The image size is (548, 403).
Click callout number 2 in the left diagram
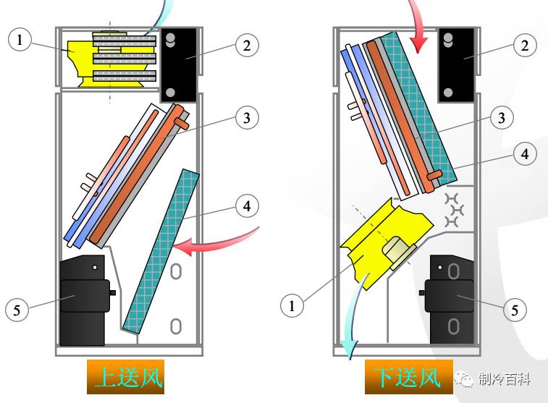[x=247, y=46]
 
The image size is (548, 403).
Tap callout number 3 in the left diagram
[x=247, y=117]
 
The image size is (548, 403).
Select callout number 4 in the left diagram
[x=247, y=205]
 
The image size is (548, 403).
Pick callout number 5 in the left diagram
[x=17, y=310]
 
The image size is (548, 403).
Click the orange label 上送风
[x=125, y=377]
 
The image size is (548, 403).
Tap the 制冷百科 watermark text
[x=505, y=379]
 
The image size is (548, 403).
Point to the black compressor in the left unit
[x=83, y=300]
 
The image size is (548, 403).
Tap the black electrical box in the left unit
[x=179, y=64]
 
